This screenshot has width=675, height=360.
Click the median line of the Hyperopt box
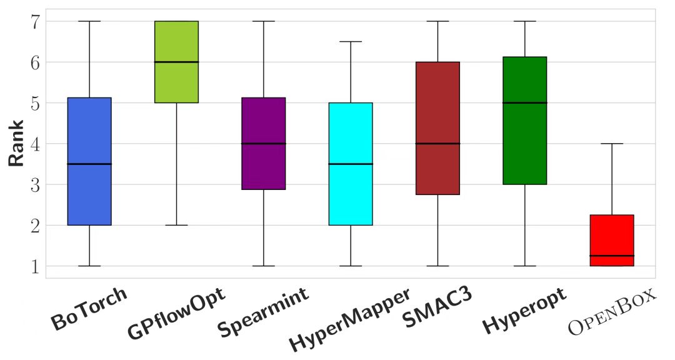click(525, 102)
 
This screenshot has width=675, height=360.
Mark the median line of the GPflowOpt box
click(177, 62)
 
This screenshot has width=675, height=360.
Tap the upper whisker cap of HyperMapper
click(351, 42)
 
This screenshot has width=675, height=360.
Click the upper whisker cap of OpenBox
click(612, 144)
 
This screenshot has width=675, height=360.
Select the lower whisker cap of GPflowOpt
click(177, 225)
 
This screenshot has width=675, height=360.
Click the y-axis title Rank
click(17, 144)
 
